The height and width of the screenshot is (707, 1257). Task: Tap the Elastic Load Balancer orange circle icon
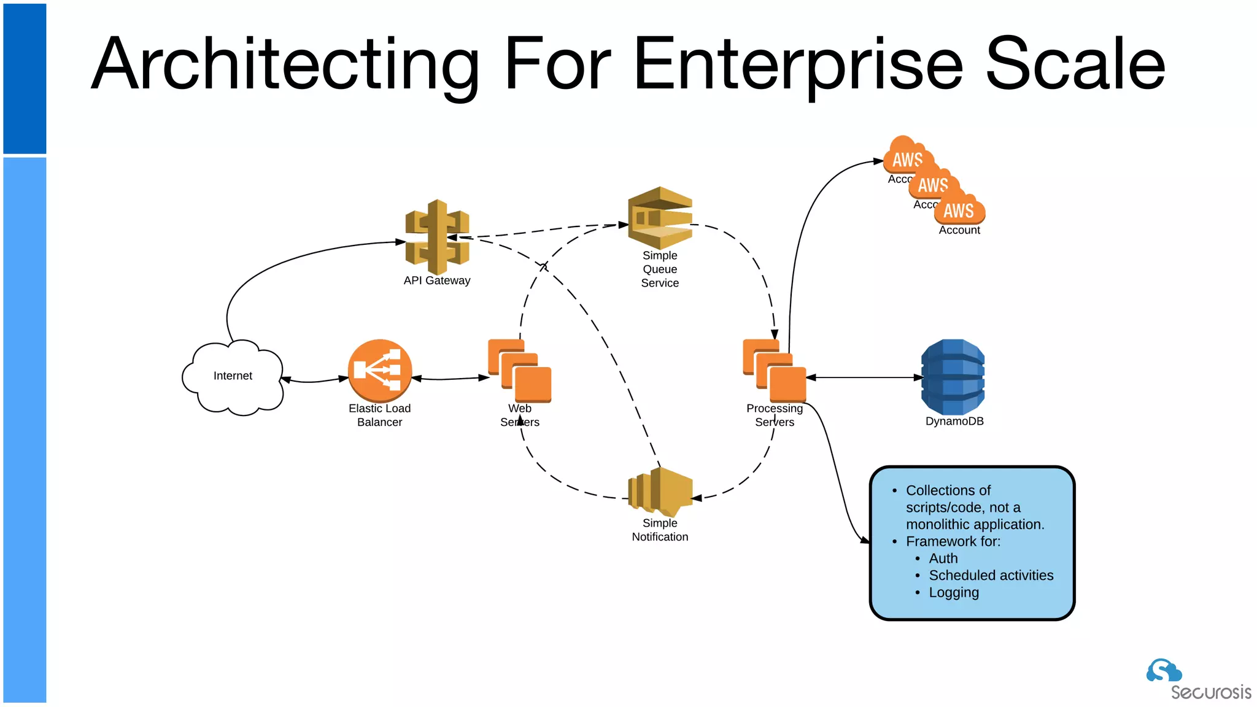click(x=379, y=371)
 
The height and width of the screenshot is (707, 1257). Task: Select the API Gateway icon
click(x=437, y=237)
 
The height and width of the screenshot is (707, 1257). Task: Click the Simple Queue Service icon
click(x=660, y=217)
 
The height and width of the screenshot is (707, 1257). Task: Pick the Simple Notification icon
click(x=660, y=492)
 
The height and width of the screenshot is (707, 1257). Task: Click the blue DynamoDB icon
click(x=953, y=377)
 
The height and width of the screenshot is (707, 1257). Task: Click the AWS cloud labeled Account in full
click(x=959, y=211)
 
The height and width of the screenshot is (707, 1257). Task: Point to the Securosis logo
click(x=1197, y=680)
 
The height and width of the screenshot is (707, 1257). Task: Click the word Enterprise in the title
click(x=797, y=64)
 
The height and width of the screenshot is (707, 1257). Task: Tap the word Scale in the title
click(x=1074, y=64)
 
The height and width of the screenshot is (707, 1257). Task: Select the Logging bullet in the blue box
click(x=953, y=593)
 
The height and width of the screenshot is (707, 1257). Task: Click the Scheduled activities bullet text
click(x=991, y=576)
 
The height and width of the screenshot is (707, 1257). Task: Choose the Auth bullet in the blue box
click(x=943, y=558)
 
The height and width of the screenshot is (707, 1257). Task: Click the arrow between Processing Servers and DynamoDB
click(x=864, y=377)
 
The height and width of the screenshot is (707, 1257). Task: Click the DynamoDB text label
click(x=954, y=422)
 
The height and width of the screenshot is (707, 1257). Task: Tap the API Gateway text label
click(x=437, y=280)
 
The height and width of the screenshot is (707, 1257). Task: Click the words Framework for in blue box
click(x=953, y=541)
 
